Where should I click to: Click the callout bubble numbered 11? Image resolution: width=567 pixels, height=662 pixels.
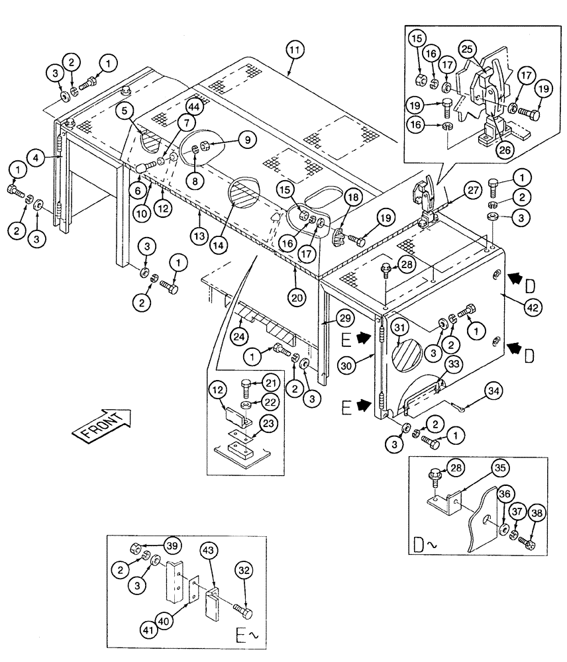[x=295, y=50]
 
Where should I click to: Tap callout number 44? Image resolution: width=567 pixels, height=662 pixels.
[x=193, y=107]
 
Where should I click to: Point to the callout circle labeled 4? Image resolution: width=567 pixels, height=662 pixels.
[x=37, y=158]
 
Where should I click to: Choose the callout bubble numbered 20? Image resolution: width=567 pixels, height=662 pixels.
[x=297, y=298]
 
